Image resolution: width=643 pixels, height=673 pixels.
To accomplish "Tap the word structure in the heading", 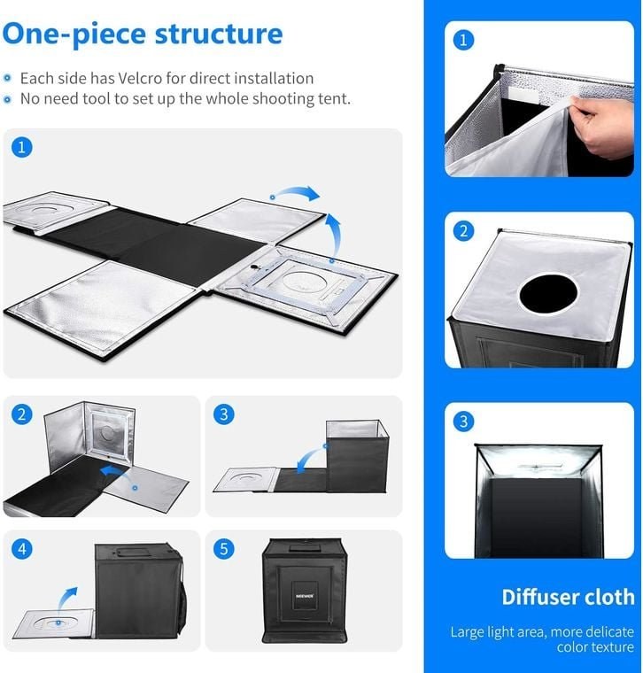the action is pos(219,34).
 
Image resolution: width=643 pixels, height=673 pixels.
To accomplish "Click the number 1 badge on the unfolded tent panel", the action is pos(21,147).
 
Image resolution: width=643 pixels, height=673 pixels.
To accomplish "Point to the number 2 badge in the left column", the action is pos(21,414).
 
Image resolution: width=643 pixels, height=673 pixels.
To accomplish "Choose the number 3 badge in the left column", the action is pos(224,414).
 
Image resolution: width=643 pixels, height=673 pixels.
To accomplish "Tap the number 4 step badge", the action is pos(21,549).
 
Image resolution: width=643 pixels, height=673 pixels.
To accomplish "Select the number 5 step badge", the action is pos(224,549).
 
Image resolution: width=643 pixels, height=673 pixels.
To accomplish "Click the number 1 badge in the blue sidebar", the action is pos(463,41).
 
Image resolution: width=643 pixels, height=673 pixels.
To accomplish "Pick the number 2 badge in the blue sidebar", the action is pos(463,231).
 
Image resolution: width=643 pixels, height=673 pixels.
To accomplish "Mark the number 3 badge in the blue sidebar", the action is pos(463,422).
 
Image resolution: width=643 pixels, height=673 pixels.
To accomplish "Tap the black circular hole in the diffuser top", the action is pos(547,294).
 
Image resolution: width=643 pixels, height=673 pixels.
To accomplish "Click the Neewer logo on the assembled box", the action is pos(305,596).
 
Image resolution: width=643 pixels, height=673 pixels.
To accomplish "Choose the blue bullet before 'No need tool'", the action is pos(7,99).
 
